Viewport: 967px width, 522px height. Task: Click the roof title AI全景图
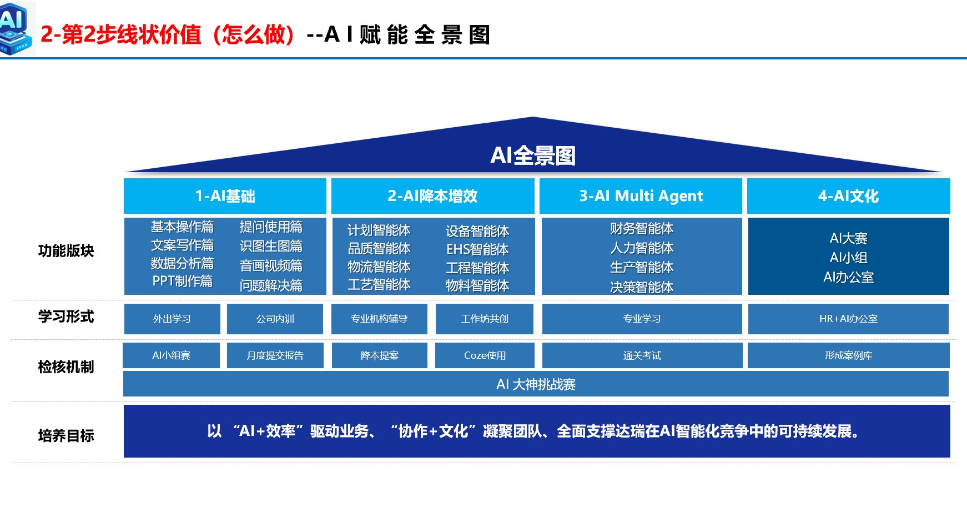tap(532, 155)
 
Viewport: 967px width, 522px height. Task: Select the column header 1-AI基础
tap(225, 196)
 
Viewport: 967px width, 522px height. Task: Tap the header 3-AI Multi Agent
tap(641, 196)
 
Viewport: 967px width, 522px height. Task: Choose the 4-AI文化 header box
tap(848, 196)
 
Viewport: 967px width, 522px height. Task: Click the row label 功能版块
tap(66, 251)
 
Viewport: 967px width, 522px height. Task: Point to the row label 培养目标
tap(66, 436)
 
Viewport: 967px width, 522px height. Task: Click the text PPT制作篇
tap(182, 282)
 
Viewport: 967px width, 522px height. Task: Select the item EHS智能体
tap(477, 249)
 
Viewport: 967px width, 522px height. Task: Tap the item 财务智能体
tap(641, 229)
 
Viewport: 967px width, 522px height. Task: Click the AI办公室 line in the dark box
tap(848, 277)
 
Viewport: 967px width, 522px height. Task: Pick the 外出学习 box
tap(172, 319)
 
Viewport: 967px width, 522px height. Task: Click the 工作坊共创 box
tap(484, 319)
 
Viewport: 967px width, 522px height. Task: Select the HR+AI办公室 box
tap(848, 319)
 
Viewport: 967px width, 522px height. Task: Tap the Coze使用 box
tap(485, 355)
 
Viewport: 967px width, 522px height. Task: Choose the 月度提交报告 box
tap(275, 355)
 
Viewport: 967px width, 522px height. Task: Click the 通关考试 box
tap(642, 355)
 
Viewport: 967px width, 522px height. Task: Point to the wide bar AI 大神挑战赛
tap(536, 384)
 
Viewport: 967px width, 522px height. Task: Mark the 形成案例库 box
tap(848, 355)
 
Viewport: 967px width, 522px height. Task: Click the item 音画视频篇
tap(271, 266)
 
